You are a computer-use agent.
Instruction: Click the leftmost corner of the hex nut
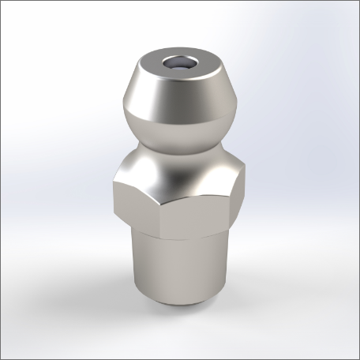112,189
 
